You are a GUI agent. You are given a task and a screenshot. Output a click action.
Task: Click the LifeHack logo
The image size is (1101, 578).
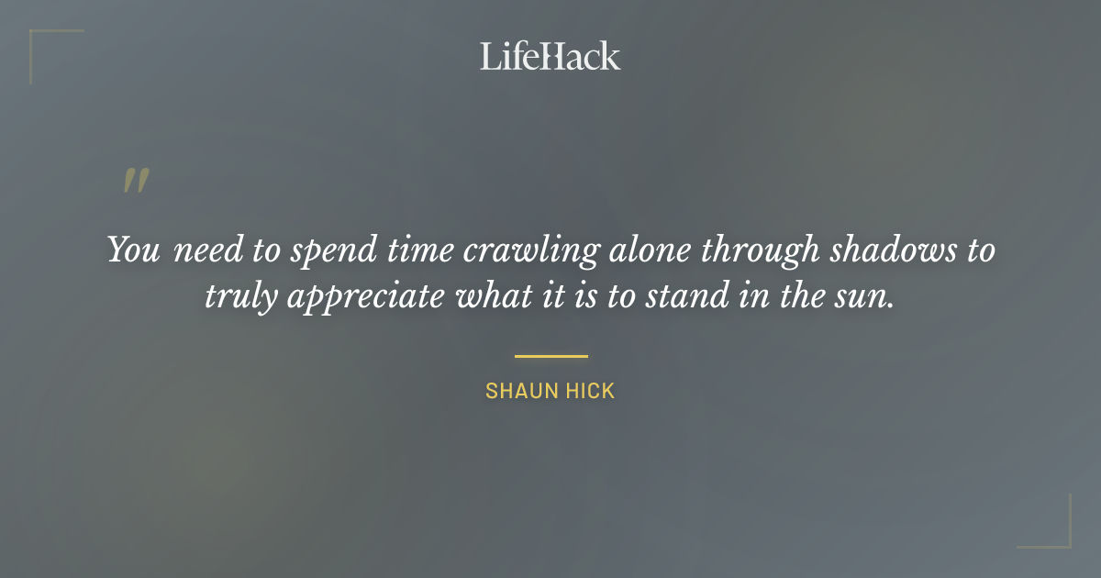point(550,56)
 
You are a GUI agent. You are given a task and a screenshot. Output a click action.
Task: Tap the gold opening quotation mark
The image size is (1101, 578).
point(136,181)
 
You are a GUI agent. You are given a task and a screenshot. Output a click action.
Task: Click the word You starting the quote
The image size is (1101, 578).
point(134,250)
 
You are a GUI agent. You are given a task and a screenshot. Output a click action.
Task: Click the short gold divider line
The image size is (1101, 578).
point(550,356)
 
